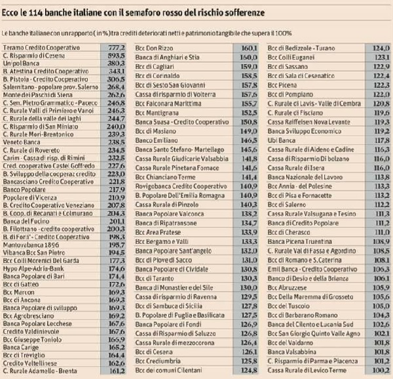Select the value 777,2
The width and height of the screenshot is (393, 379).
point(115,49)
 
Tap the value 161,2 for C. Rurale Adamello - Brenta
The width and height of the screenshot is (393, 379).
point(115,371)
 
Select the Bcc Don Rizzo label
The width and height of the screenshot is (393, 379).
point(153,49)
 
